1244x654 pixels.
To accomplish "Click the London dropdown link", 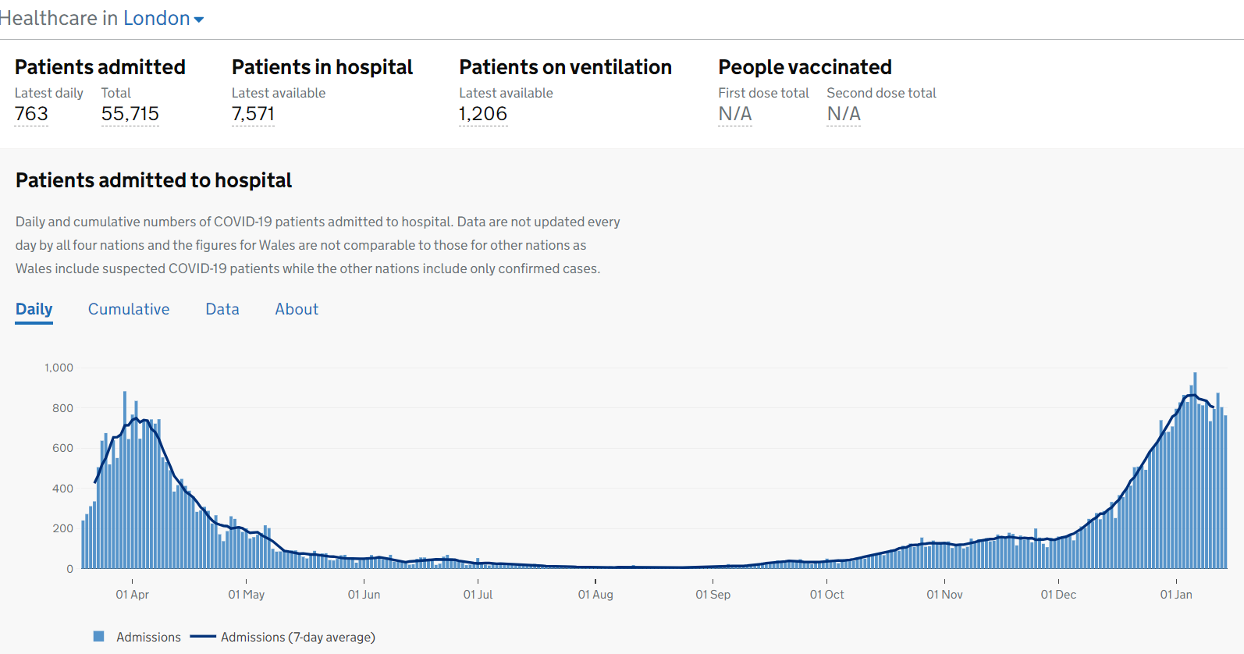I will click(x=163, y=19).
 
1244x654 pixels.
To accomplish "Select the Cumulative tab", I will click(x=129, y=309).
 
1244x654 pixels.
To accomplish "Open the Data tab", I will click(x=222, y=309).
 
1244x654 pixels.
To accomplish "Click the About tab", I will click(x=297, y=309).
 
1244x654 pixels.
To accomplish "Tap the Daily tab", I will click(x=34, y=309).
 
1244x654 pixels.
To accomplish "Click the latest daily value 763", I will click(x=31, y=114).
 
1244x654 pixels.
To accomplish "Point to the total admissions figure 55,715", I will click(x=130, y=114).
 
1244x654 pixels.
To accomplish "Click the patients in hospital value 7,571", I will click(x=253, y=114).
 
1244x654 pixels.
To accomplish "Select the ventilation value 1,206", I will click(x=483, y=114).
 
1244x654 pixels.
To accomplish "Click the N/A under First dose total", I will click(x=735, y=114).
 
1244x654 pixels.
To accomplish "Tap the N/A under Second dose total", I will click(x=844, y=114).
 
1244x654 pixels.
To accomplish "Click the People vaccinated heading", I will click(x=805, y=67).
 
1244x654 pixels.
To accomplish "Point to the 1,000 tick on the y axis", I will click(x=59, y=368).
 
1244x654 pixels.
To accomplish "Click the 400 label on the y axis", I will click(x=62, y=489).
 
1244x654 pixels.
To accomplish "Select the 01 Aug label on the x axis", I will click(x=595, y=595).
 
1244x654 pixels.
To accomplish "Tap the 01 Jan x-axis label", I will click(x=1176, y=595).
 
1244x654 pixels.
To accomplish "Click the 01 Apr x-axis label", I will click(x=133, y=595).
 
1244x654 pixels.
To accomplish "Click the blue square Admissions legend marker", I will click(x=99, y=637).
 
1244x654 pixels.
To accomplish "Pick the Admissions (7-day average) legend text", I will click(x=297, y=638).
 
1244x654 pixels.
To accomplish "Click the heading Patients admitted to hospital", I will click(x=154, y=180).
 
